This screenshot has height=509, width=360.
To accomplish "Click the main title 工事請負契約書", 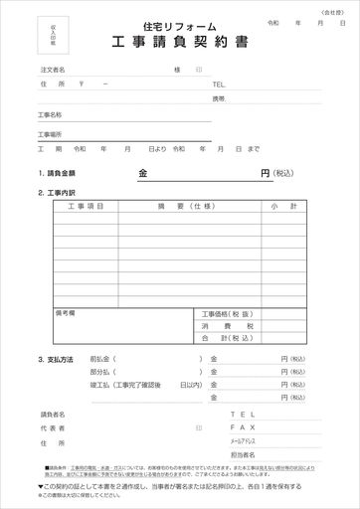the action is coord(180,44).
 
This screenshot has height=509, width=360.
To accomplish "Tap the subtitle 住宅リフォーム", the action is coord(179,27).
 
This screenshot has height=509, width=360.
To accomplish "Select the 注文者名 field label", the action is coord(53,70).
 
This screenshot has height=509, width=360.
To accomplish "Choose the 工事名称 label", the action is coord(50,115).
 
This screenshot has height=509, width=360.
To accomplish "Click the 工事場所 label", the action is coord(50,133).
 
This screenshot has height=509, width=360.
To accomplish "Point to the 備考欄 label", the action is coord(67,312).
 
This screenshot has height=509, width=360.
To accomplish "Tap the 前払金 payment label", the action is coord(100,358).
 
